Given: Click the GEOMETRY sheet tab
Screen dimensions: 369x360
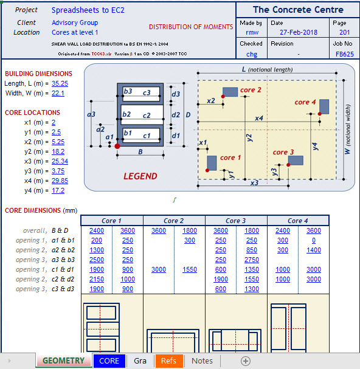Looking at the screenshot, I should click(x=63, y=360).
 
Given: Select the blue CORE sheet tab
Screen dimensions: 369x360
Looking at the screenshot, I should click(x=109, y=360).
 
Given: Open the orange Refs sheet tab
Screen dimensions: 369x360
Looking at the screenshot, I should click(x=168, y=360).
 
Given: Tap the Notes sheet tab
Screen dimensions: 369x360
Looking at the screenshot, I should click(x=202, y=360).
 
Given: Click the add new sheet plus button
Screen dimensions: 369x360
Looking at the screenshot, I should click(x=246, y=360).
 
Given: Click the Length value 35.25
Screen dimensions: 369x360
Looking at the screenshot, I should click(x=60, y=83).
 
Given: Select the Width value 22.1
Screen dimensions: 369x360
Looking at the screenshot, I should click(x=58, y=93).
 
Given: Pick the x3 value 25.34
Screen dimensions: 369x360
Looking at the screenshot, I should click(x=60, y=161).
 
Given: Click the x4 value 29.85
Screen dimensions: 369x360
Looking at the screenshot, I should click(x=60, y=181).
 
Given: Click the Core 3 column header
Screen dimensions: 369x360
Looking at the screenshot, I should click(x=235, y=221).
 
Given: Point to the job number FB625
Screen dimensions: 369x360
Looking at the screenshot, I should click(x=345, y=54).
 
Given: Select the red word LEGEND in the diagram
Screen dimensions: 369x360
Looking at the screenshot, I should click(x=140, y=176).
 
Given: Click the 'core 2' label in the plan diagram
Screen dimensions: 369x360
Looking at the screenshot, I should click(x=251, y=90).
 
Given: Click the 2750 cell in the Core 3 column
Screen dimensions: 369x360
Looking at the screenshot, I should click(x=252, y=260).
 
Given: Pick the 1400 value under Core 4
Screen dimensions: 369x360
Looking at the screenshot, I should click(x=314, y=250).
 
